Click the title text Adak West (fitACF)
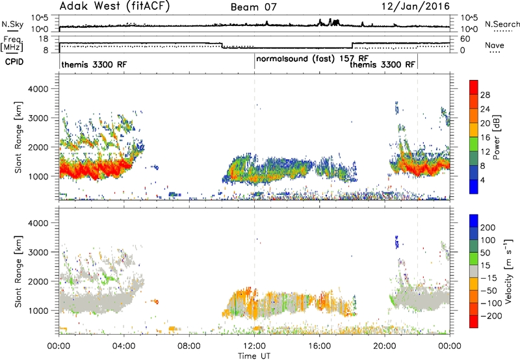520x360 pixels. [x=114, y=6]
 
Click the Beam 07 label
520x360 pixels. [x=253, y=7]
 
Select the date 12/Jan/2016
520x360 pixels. [x=415, y=6]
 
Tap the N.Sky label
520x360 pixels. [x=12, y=24]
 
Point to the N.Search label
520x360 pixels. [x=502, y=24]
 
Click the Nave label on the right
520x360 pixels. [x=495, y=45]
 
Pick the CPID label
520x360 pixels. [x=14, y=62]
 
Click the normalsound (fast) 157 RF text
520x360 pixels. [x=312, y=59]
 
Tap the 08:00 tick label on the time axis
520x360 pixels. [x=189, y=346]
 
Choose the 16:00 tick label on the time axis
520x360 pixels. [x=319, y=346]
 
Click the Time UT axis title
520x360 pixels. [x=254, y=356]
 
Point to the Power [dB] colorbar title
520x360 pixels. [x=496, y=137]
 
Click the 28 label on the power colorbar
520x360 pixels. [x=485, y=95]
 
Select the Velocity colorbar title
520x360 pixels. [x=508, y=271]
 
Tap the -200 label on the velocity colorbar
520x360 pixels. [x=491, y=316]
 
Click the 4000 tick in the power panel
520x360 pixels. [x=38, y=89]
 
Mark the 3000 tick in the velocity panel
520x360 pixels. [x=38, y=252]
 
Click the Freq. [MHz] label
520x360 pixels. [x=12, y=44]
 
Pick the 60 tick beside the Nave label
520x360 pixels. [x=465, y=39]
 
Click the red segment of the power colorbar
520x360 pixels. [x=474, y=87]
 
